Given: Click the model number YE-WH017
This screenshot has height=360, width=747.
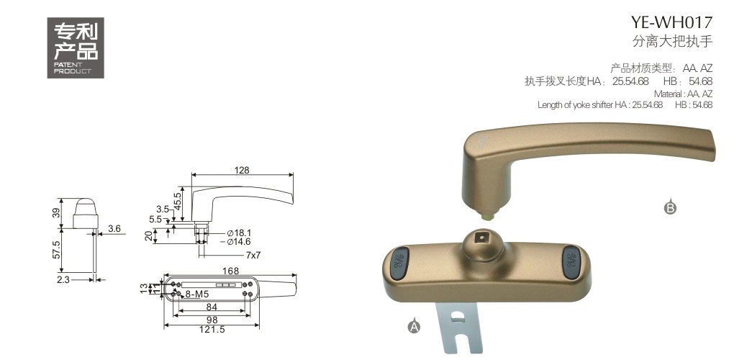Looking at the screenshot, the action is coord(671,22).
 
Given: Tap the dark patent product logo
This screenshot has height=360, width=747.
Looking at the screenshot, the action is coord(76,48).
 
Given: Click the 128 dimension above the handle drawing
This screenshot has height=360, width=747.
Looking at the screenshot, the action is coord(242,170).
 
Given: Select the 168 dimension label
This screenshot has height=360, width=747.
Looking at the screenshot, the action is coord(230,271).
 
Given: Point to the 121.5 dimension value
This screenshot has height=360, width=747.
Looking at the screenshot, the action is coord(212,330).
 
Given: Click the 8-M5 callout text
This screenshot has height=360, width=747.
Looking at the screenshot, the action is coord(196,294).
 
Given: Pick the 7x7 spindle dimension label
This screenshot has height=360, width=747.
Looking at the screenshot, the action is coord(253,255).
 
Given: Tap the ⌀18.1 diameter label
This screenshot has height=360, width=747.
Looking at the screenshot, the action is coord(239,233).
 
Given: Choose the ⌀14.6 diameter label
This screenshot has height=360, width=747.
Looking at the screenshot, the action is coord(239,242).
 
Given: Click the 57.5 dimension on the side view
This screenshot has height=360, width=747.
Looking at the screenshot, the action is coord(55,250).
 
